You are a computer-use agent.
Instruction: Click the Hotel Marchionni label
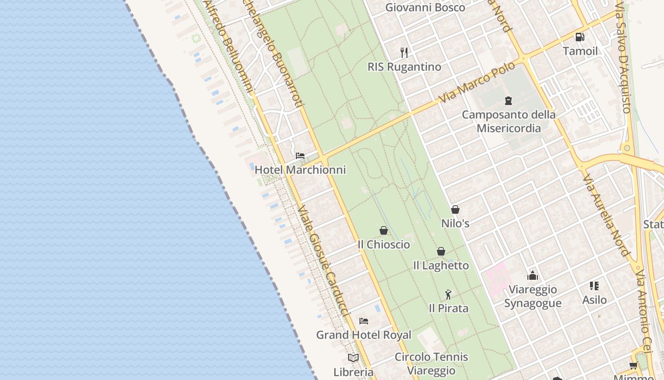(x=300, y=170)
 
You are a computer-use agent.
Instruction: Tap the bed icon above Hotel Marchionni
(x=300, y=155)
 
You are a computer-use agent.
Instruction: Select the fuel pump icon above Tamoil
(x=580, y=37)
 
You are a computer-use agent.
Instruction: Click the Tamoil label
(x=580, y=51)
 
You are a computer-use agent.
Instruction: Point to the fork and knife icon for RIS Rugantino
(x=404, y=52)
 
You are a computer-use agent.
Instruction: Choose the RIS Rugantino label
(x=404, y=66)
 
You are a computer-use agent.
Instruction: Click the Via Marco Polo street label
(x=477, y=83)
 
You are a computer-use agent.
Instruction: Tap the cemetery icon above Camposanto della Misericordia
(x=508, y=101)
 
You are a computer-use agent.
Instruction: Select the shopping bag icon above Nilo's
(x=455, y=209)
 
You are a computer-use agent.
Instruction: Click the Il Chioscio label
(x=384, y=244)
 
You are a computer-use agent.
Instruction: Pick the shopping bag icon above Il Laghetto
(x=441, y=251)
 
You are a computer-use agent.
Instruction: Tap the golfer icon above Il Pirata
(x=448, y=294)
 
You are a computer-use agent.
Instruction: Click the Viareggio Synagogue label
(x=533, y=296)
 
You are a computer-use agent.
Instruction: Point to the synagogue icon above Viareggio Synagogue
(x=533, y=275)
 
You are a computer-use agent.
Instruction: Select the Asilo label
(x=594, y=300)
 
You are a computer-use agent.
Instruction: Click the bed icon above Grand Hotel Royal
(x=364, y=321)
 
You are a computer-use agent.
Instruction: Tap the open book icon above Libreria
(x=353, y=358)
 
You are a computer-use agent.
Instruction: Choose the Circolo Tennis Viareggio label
(x=431, y=363)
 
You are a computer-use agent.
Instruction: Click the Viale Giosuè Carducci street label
(x=324, y=261)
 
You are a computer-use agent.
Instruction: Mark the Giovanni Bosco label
(x=425, y=8)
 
